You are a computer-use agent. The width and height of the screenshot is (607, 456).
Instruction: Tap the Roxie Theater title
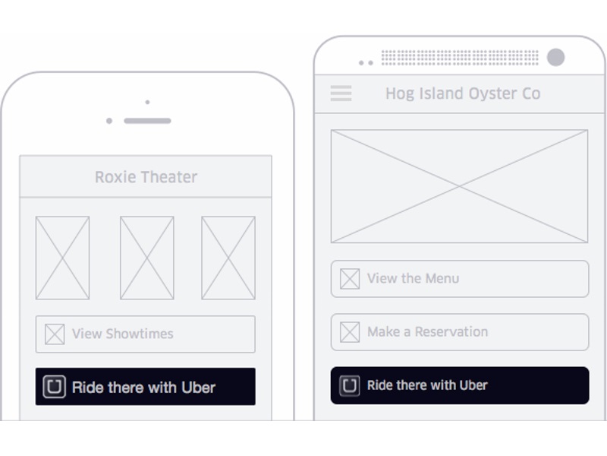click(x=146, y=177)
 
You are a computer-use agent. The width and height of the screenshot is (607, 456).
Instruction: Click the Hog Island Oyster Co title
click(x=463, y=93)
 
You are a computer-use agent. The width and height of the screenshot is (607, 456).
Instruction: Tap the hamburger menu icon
click(x=341, y=93)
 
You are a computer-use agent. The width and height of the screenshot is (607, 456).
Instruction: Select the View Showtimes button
click(x=146, y=334)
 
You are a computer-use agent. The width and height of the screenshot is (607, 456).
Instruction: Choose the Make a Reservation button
click(x=460, y=332)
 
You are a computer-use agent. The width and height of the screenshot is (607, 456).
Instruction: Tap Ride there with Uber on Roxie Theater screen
click(x=146, y=387)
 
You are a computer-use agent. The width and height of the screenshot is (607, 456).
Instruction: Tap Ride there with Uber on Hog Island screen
click(x=460, y=385)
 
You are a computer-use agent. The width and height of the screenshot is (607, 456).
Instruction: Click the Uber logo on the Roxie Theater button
click(x=54, y=387)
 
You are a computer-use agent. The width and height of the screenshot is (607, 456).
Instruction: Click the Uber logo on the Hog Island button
click(x=349, y=385)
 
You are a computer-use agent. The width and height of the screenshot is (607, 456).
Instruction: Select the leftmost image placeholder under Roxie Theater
click(x=62, y=258)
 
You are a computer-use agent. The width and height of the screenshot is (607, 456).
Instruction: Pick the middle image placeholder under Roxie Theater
click(x=146, y=258)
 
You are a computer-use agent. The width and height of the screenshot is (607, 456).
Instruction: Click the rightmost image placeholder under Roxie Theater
click(x=228, y=258)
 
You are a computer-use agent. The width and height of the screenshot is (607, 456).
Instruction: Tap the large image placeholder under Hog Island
click(x=460, y=186)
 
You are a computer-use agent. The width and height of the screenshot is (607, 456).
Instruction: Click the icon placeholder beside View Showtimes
click(x=55, y=334)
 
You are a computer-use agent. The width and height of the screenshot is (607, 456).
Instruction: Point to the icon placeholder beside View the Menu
click(x=350, y=279)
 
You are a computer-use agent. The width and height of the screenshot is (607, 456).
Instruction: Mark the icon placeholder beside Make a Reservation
click(x=350, y=332)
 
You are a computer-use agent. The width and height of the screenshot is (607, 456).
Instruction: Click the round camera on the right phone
click(x=555, y=58)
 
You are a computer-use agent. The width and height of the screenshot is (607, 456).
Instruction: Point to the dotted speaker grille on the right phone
click(x=460, y=58)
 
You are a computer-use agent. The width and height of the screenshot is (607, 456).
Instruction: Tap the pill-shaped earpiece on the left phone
click(x=147, y=121)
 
